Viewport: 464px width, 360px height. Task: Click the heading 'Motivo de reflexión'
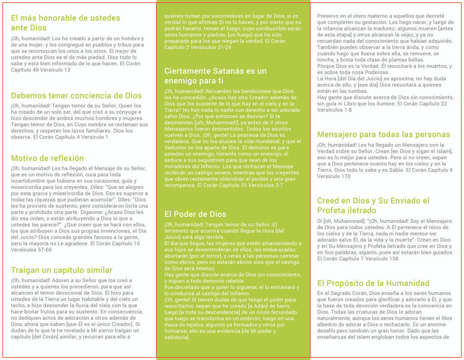pyautogui.click(x=47, y=158)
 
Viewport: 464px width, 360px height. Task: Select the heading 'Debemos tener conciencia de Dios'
pyautogui.click(x=76, y=96)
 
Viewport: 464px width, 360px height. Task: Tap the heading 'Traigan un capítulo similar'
pyautogui.click(x=62, y=270)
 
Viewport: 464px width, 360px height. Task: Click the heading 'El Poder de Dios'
pyautogui.click(x=195, y=214)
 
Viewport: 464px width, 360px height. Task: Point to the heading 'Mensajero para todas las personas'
pyautogui.click(x=383, y=134)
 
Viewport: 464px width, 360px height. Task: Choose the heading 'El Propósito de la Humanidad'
pyautogui.click(x=373, y=283)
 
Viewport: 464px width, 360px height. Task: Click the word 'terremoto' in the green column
pyautogui.click(x=178, y=231)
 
